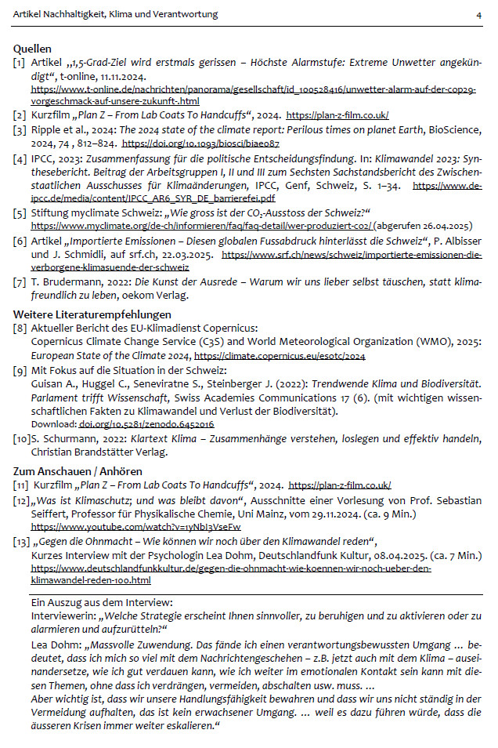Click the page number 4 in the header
[478, 15]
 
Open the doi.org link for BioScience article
[200, 145]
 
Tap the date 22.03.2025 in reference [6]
[191, 256]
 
